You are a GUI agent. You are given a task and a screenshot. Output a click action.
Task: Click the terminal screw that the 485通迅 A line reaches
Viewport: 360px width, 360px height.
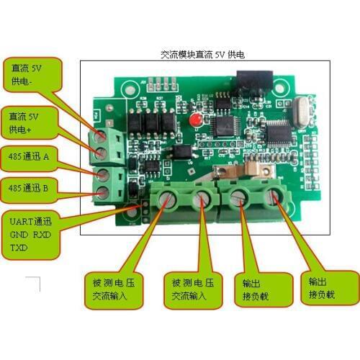[102, 174]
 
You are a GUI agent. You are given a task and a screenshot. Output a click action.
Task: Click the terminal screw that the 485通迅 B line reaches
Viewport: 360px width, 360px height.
[102, 192]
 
